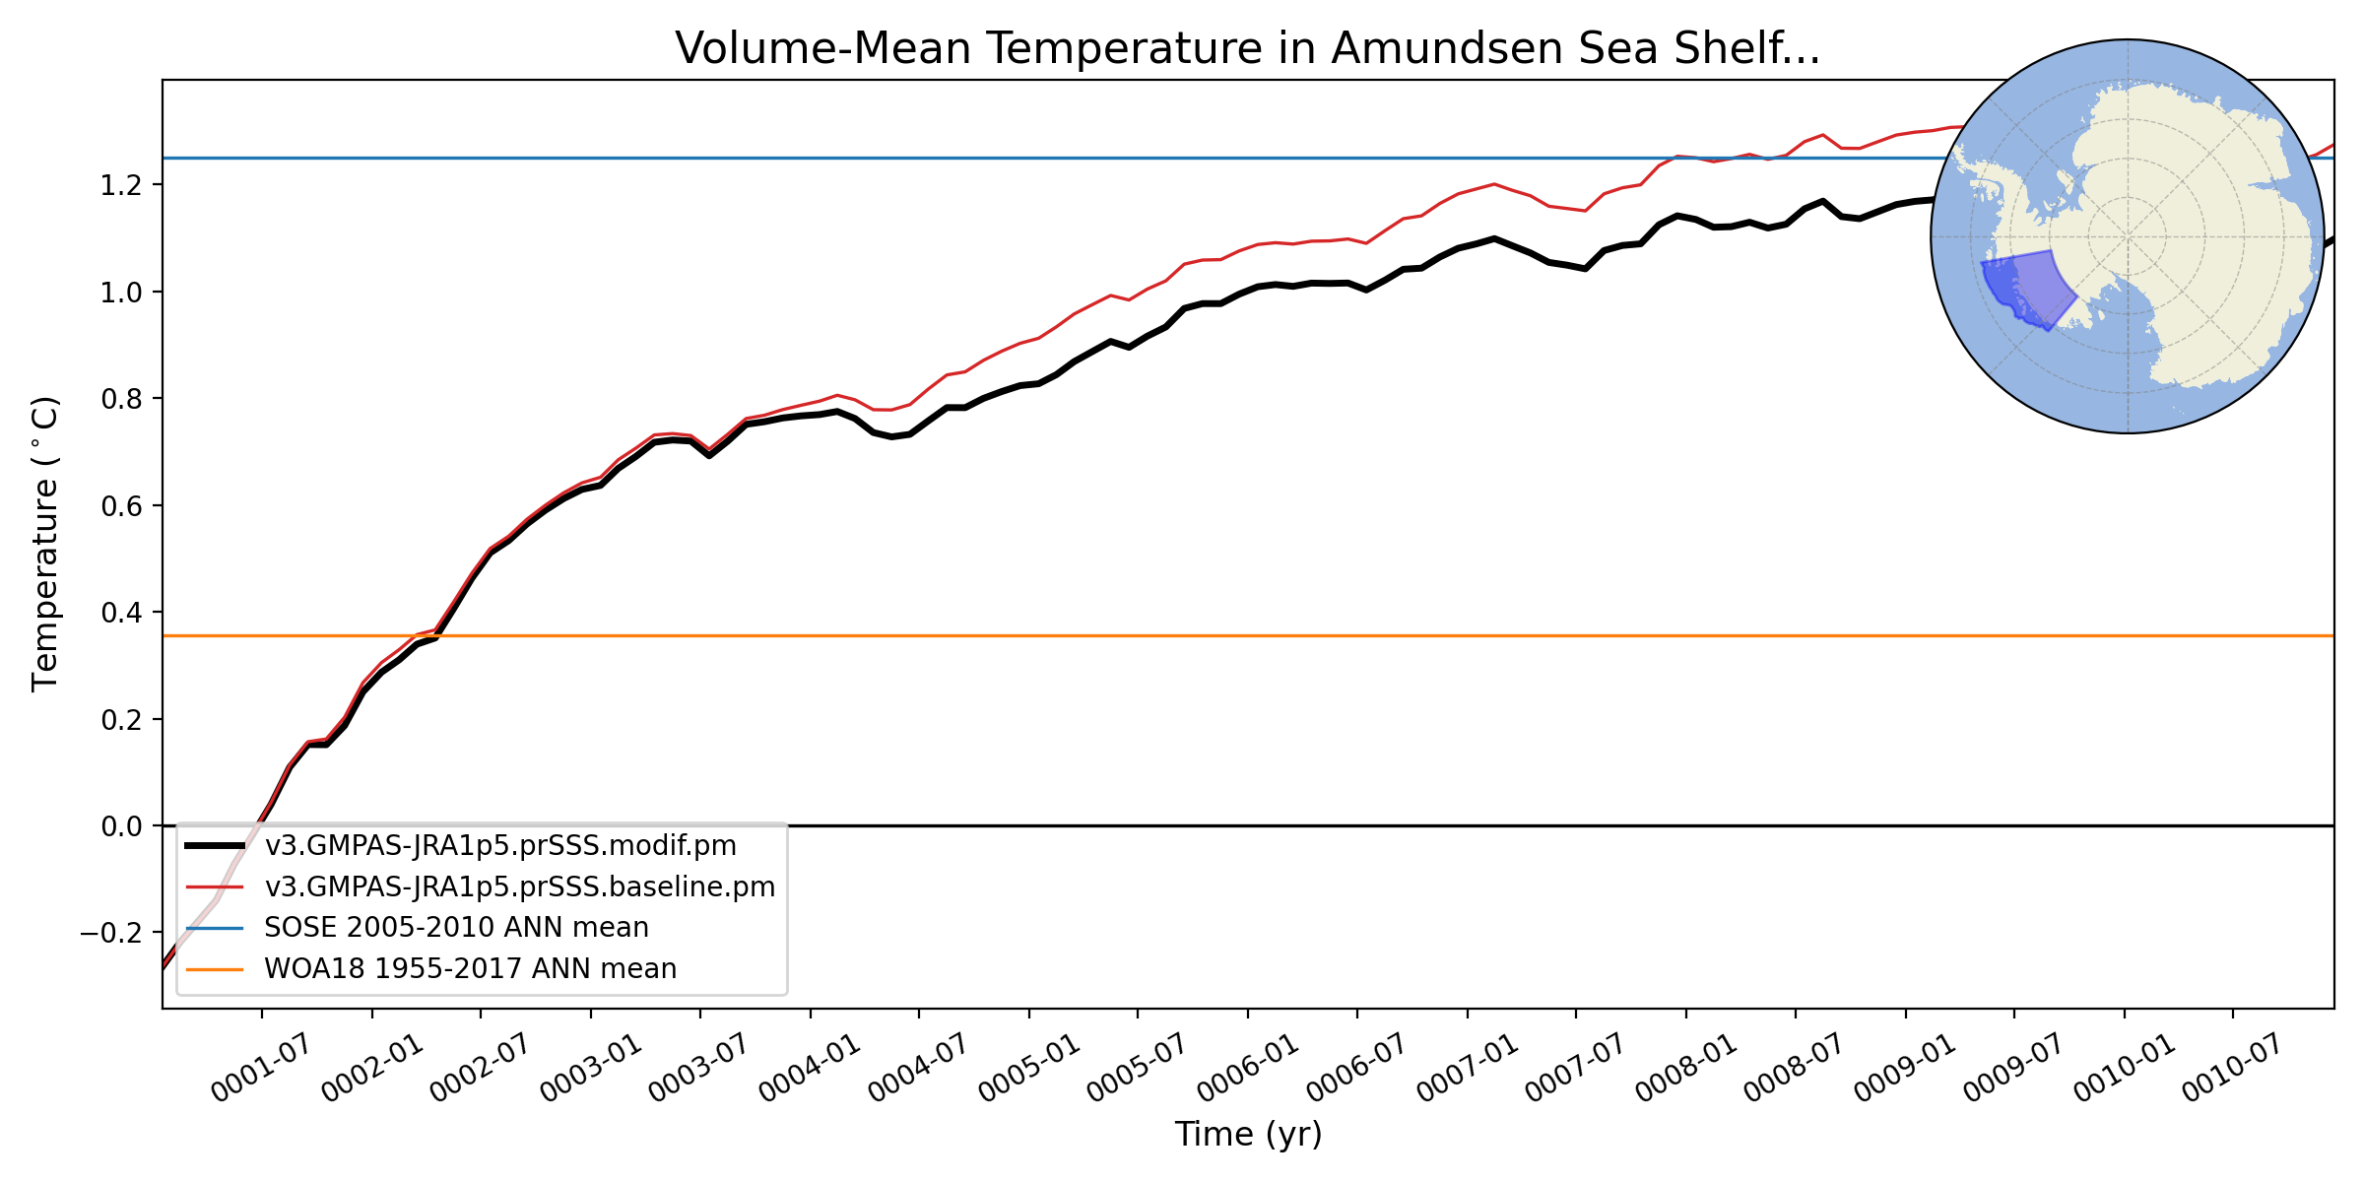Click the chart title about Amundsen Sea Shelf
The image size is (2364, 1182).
[1247, 49]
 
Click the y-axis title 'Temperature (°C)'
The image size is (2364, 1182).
[45, 544]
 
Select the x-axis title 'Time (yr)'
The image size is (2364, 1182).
[1248, 1135]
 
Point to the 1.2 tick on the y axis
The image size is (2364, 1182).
[120, 185]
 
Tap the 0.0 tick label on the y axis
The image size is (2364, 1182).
[120, 826]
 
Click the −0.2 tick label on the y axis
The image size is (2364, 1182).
[110, 933]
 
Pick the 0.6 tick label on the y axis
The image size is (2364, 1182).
[120, 505]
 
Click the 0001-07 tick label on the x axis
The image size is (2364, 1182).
[260, 1070]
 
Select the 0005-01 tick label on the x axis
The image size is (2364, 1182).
[1027, 1070]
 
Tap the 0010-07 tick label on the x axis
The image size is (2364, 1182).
[2231, 1070]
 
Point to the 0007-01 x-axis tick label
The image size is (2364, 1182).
[1466, 1070]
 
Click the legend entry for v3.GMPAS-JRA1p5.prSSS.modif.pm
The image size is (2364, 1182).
[499, 846]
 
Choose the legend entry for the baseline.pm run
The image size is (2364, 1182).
[519, 887]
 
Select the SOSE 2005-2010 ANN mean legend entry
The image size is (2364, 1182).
[456, 928]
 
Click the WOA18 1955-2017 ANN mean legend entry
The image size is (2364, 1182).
[470, 969]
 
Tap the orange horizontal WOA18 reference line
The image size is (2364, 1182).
[1280, 636]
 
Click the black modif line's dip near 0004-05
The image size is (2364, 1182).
[892, 436]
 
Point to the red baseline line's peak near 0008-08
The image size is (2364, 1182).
[1823, 135]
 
